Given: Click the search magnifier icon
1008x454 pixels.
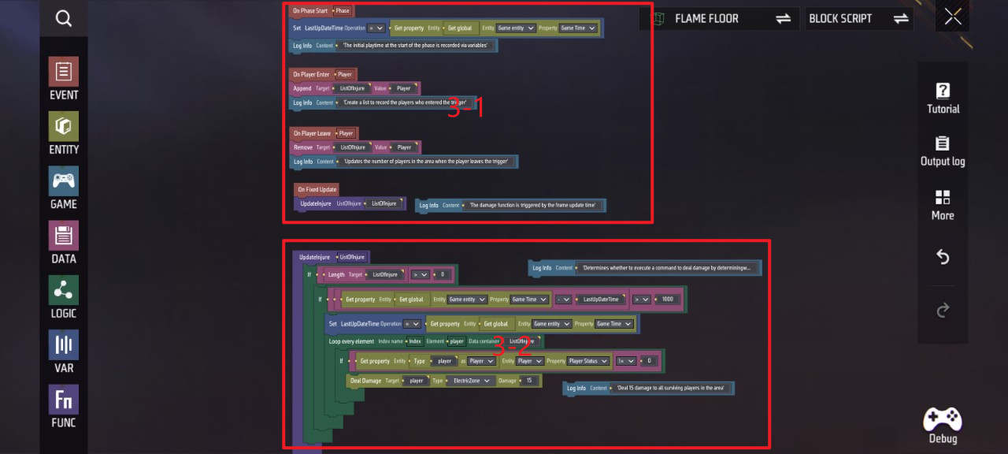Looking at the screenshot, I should pyautogui.click(x=64, y=18).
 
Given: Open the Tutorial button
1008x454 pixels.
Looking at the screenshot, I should pyautogui.click(x=943, y=99).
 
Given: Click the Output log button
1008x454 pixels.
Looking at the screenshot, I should pyautogui.click(x=943, y=151).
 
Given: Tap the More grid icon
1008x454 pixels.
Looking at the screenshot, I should pyautogui.click(x=943, y=204).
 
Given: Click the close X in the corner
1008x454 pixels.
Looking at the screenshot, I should pyautogui.click(x=953, y=18).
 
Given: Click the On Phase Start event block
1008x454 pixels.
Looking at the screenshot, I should pyautogui.click(x=310, y=11).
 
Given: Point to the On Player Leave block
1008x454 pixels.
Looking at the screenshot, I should pyautogui.click(x=312, y=133).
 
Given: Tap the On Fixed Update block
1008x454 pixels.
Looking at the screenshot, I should pyautogui.click(x=317, y=190).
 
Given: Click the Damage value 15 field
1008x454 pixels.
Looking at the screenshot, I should pyautogui.click(x=530, y=381).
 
